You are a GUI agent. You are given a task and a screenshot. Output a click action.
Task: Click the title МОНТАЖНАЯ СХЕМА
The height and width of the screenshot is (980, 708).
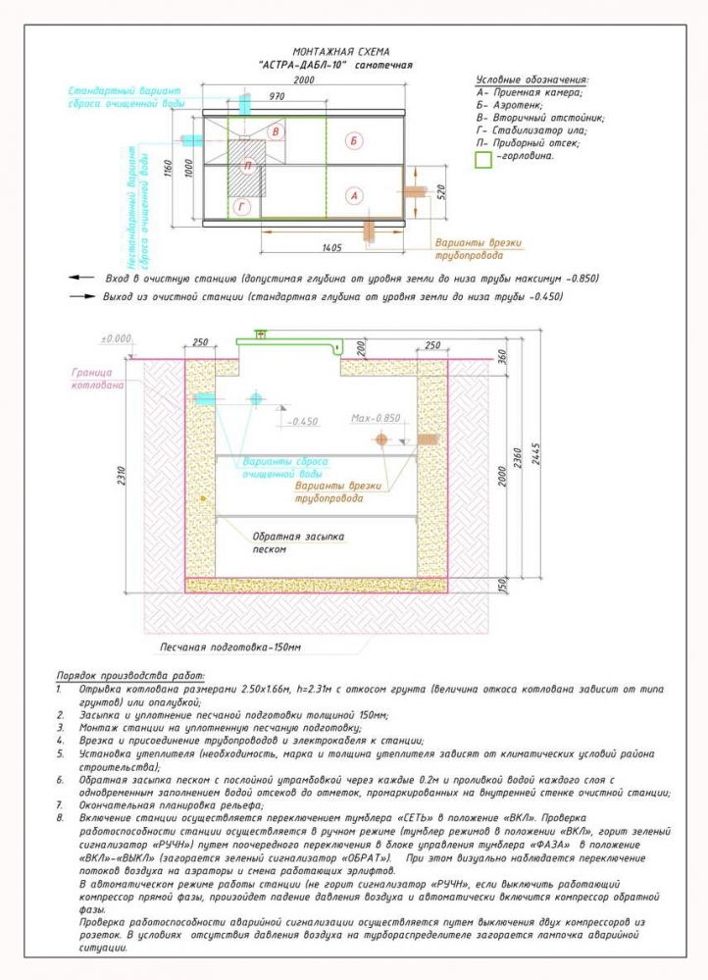click(x=341, y=50)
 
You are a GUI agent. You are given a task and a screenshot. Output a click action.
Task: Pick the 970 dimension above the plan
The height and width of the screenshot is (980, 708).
click(x=275, y=97)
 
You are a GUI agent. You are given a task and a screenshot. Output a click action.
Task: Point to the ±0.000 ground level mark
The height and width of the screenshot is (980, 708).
click(x=116, y=338)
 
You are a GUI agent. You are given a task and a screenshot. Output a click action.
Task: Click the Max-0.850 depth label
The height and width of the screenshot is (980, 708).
click(x=377, y=417)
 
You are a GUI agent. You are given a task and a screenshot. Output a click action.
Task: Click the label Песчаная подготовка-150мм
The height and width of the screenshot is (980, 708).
click(x=231, y=648)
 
